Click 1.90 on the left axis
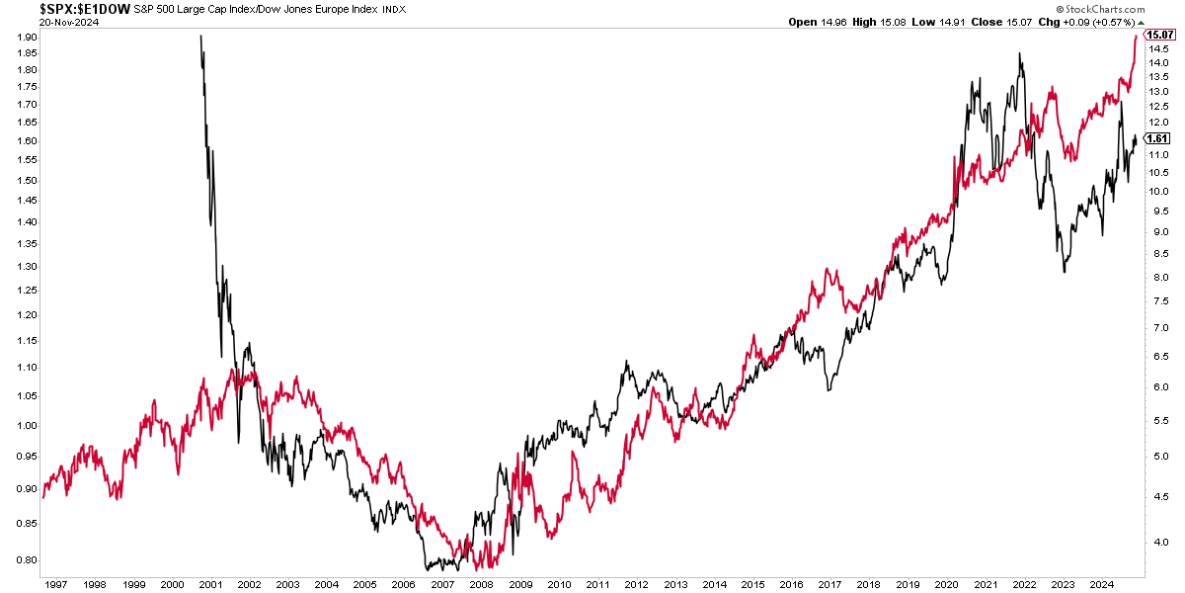(27, 38)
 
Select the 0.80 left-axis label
(27, 560)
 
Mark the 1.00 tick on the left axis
(27, 426)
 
